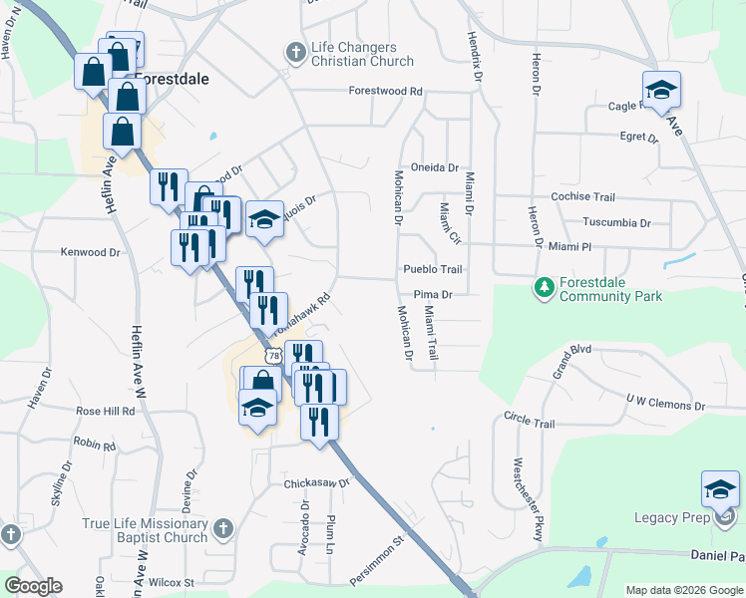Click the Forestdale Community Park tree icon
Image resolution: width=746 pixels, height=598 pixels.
(544, 288)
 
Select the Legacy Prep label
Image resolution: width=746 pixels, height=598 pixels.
(672, 516)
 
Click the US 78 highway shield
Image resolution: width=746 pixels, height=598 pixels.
(274, 356)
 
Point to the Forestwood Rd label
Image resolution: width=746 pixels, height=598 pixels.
(386, 91)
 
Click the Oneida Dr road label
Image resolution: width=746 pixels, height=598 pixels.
(434, 168)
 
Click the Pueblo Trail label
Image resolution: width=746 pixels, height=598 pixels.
(433, 269)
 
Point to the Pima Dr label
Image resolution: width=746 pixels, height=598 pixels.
(434, 295)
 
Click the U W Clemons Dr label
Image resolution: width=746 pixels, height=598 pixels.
(664, 404)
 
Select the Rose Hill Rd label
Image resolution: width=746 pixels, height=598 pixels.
(105, 411)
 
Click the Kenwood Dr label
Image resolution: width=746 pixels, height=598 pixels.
(90, 252)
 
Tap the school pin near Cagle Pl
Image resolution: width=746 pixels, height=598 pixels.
(660, 91)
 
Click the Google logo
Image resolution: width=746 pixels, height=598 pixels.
(33, 586)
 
